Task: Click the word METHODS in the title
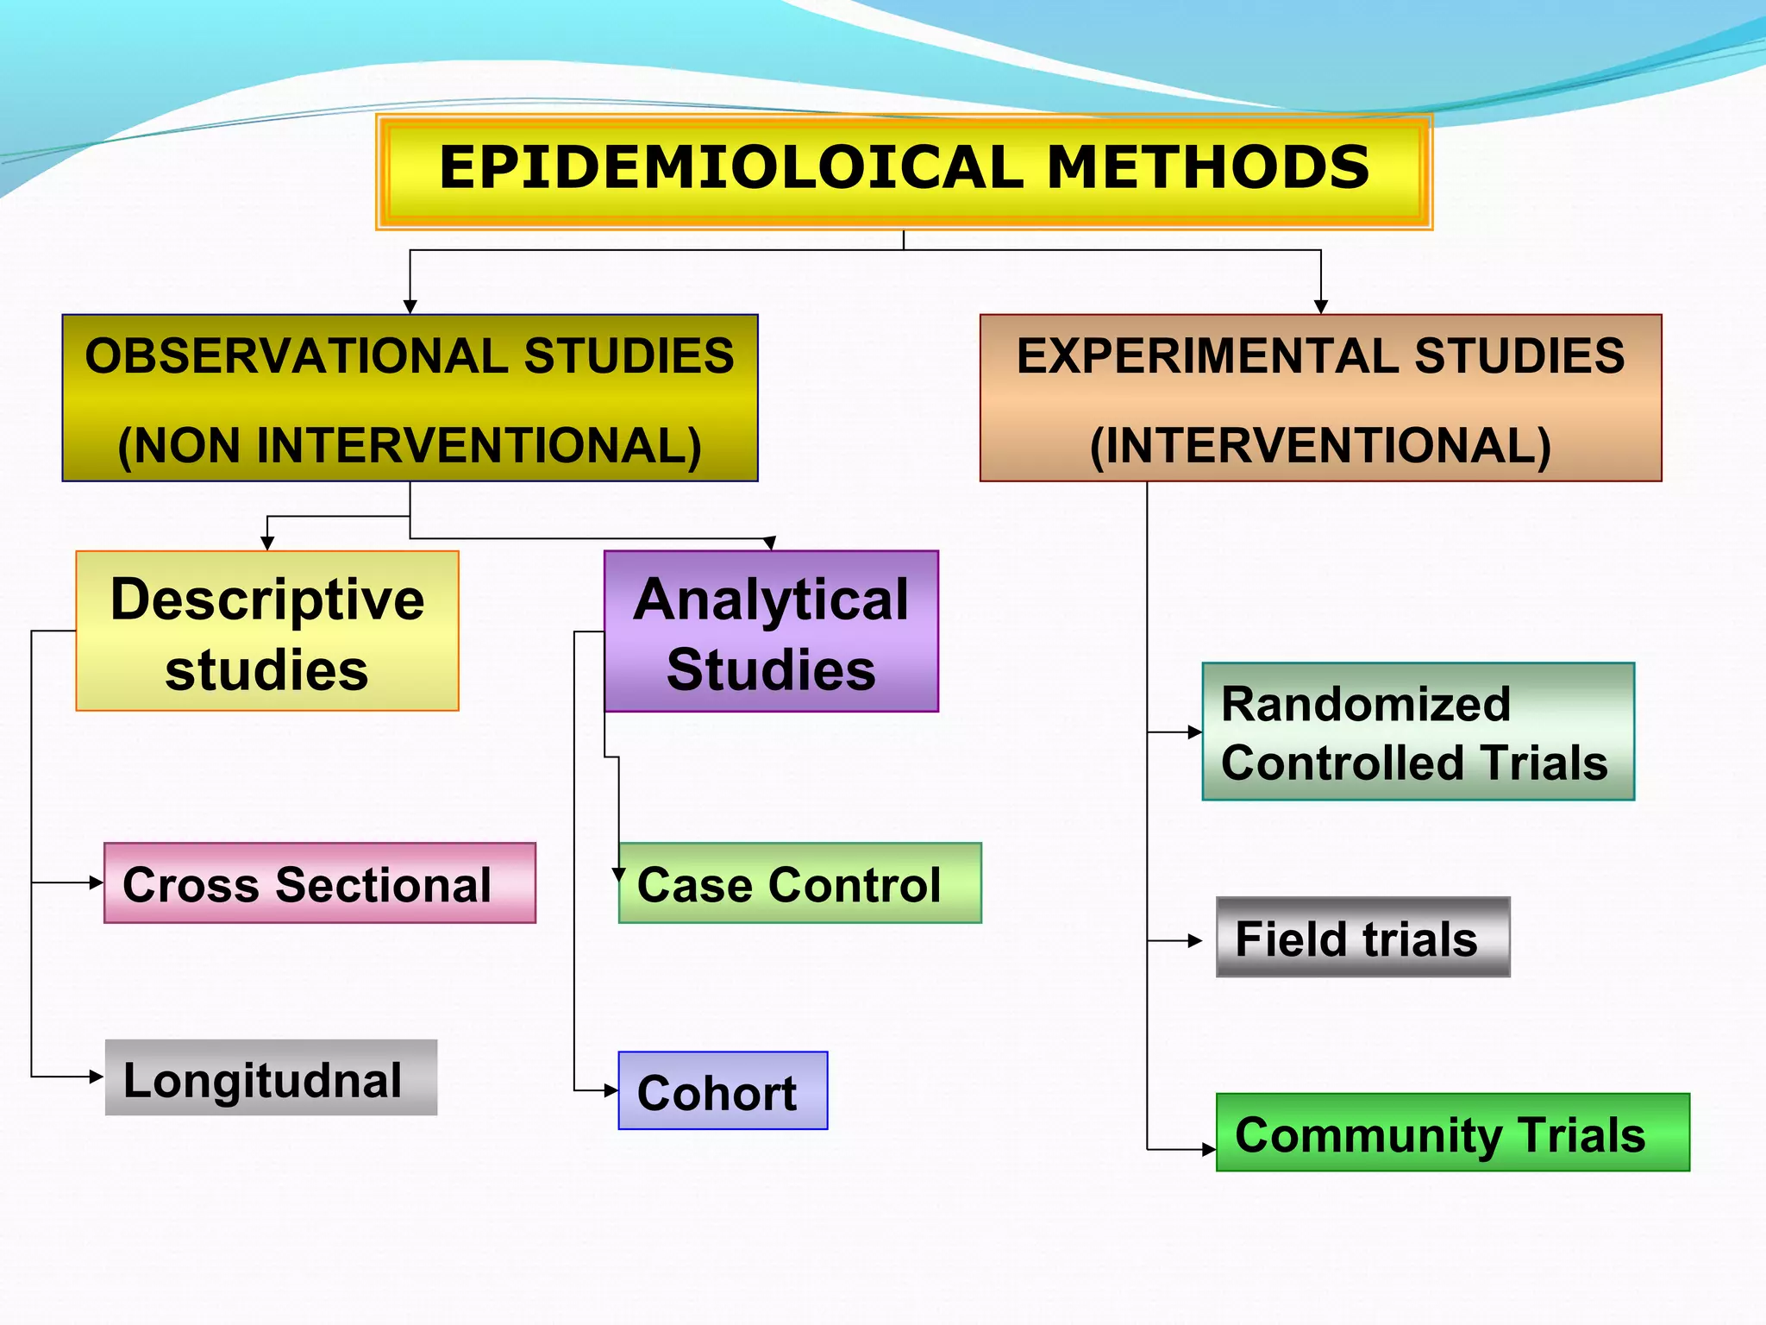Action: coord(1207,167)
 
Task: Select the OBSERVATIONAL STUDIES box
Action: coord(410,398)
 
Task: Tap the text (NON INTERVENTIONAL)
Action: coord(410,446)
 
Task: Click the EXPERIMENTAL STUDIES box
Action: coord(1320,398)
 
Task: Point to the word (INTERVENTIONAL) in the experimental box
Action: coord(1320,446)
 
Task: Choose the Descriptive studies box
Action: coord(267,631)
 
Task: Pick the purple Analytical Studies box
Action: coord(771,631)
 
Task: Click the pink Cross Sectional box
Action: coord(320,883)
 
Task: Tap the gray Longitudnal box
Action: coord(271,1078)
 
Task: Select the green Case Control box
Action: coord(800,883)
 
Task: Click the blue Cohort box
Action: coord(723,1091)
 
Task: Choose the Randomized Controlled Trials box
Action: coord(1418,732)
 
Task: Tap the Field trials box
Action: coord(1362,937)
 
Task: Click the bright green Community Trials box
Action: coord(1452,1133)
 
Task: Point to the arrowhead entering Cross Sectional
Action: coord(97,882)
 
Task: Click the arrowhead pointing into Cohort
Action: coord(611,1091)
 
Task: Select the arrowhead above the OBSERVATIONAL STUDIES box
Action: coord(410,307)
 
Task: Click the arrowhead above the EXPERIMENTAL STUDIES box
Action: coord(1321,307)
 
